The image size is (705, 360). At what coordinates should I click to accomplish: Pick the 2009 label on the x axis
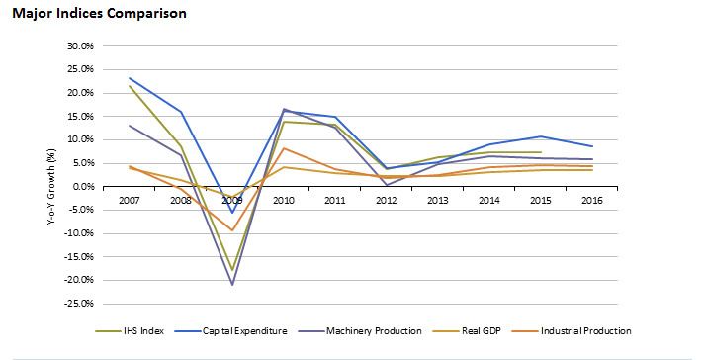coord(233,200)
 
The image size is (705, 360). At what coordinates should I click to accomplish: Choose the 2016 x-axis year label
coord(591,200)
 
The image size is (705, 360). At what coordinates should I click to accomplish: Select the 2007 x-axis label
coord(131,200)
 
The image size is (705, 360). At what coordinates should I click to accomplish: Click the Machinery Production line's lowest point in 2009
coord(233,285)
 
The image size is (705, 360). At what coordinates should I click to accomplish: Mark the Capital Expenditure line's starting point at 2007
coord(131,78)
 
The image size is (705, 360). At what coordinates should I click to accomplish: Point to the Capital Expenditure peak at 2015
coord(540,136)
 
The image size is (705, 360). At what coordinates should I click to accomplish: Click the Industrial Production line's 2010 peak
coord(285,148)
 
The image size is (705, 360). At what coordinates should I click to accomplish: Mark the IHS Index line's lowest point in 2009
coord(233,270)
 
